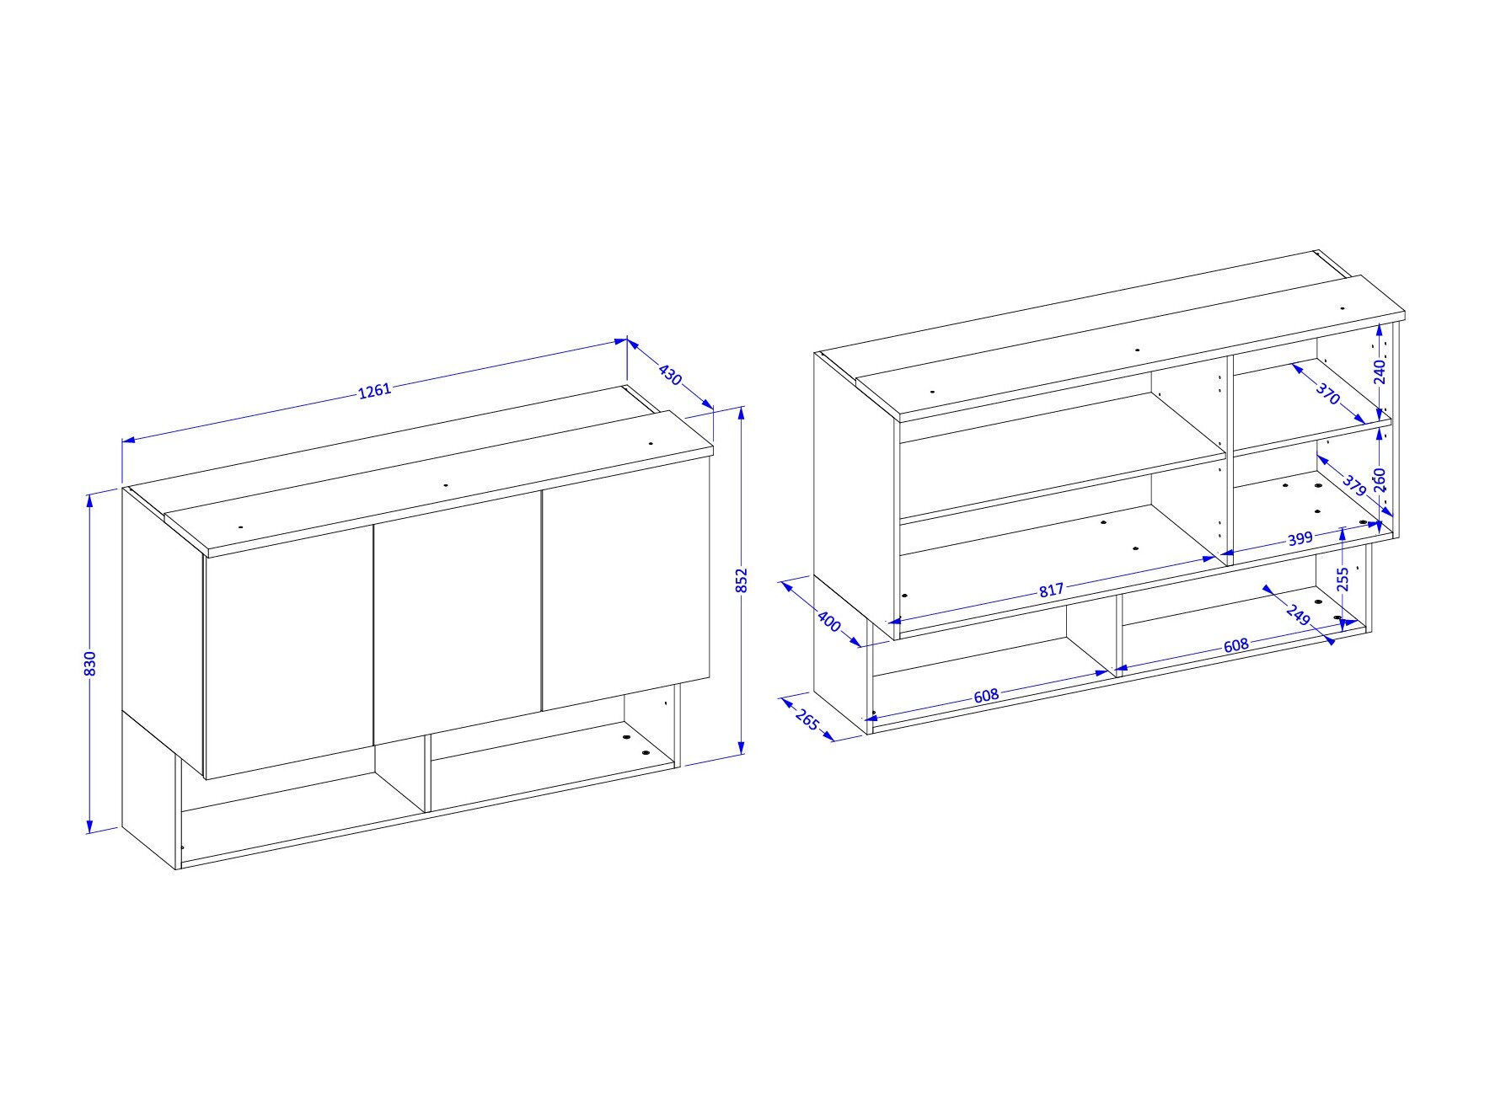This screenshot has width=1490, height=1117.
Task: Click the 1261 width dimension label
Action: pos(375,391)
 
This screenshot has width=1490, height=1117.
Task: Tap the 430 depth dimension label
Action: pos(670,374)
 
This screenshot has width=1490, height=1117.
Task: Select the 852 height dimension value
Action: pos(742,580)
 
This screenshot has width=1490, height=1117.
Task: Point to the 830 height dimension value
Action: pos(90,663)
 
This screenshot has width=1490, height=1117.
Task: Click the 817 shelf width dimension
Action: pos(1051,591)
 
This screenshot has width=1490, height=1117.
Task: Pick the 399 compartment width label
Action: pos(1300,538)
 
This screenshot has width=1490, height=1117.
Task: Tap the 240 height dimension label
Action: pos(1380,371)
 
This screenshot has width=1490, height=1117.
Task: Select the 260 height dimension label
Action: pos(1380,480)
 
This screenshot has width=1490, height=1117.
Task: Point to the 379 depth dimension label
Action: pos(1353,485)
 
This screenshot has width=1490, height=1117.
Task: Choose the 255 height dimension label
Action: pos(1343,579)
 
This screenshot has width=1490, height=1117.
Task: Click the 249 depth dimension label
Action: pos(1299,615)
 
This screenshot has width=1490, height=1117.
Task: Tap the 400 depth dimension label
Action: pos(829,622)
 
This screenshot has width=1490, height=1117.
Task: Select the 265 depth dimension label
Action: pos(807,721)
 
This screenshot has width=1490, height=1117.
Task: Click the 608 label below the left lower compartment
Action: pos(986,696)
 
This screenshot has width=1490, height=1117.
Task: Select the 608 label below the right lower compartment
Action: pos(1235,645)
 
